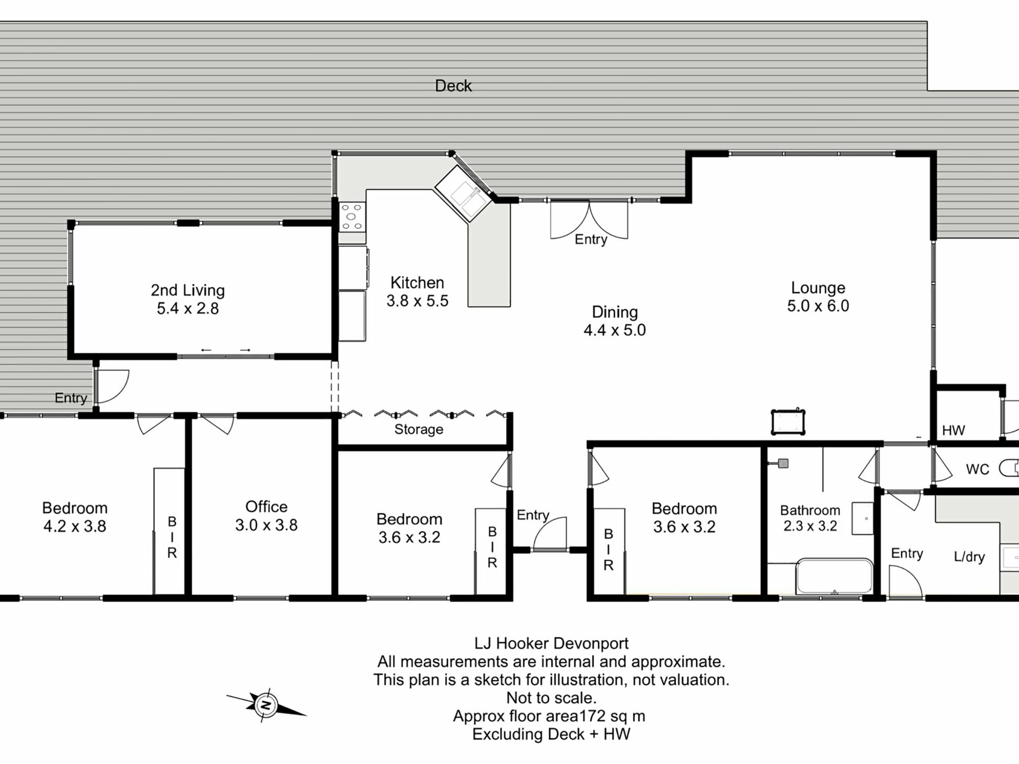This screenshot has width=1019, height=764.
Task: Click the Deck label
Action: click(453, 85)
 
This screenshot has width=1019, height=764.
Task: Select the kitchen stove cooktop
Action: click(352, 217)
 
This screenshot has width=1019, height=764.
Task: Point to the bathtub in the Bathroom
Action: click(834, 576)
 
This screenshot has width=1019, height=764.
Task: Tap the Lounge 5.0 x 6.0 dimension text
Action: click(818, 306)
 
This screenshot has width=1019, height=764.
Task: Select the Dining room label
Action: click(615, 312)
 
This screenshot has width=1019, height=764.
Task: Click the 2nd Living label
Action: click(188, 290)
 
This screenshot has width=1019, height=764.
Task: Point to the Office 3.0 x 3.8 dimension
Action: click(266, 525)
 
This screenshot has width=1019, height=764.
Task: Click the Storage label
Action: click(419, 429)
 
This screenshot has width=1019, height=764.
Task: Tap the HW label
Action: click(953, 430)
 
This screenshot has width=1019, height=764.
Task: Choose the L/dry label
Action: click(969, 557)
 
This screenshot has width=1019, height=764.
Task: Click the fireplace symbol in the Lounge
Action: click(788, 422)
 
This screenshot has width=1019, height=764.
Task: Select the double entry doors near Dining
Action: click(589, 220)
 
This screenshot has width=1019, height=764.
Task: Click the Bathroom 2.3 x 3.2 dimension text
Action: click(810, 526)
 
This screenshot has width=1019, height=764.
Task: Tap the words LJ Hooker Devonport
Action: click(551, 644)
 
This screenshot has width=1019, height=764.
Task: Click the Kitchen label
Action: click(417, 282)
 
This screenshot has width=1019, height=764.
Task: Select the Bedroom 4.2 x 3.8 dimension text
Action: click(75, 526)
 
